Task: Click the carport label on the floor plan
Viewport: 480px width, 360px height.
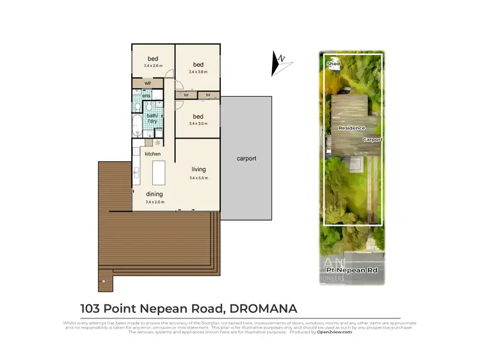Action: click(x=246, y=158)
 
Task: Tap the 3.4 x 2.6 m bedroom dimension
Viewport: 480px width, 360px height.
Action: click(x=154, y=66)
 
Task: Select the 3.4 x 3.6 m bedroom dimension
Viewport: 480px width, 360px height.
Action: click(x=198, y=72)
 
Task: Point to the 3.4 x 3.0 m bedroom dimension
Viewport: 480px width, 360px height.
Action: click(x=198, y=124)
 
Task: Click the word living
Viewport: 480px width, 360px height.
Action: click(x=198, y=169)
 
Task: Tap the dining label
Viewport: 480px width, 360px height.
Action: click(x=154, y=194)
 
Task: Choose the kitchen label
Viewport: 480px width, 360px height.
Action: click(x=152, y=154)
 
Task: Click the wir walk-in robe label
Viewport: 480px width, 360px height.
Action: click(x=148, y=83)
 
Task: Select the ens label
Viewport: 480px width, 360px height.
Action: click(x=147, y=96)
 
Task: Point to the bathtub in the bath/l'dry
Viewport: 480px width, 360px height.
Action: click(x=138, y=125)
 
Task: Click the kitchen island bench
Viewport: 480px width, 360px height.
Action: click(x=157, y=173)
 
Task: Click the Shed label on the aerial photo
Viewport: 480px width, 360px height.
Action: click(x=333, y=65)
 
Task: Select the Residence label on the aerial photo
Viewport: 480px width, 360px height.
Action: click(x=352, y=129)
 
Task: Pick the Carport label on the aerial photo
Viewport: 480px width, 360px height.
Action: click(x=372, y=139)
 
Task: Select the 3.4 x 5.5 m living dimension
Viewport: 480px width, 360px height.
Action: click(x=198, y=178)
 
